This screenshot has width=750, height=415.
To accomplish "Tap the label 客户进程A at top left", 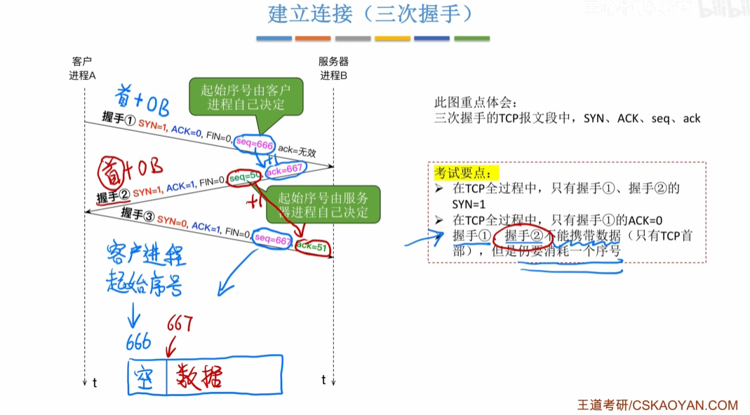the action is pyautogui.click(x=82, y=69).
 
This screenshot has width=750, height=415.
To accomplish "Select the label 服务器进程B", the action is pyautogui.click(x=333, y=69).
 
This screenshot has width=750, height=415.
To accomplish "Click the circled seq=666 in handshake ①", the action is pyautogui.click(x=254, y=144).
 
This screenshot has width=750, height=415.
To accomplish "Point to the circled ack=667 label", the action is pyautogui.click(x=284, y=169).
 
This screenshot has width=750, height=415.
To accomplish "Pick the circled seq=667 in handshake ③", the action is pyautogui.click(x=273, y=240).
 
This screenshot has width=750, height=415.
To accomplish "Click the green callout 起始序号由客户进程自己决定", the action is pyautogui.click(x=246, y=97).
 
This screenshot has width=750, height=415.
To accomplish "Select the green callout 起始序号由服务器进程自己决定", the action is pyautogui.click(x=323, y=204).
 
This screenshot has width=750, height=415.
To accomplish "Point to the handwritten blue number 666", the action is pyautogui.click(x=139, y=342).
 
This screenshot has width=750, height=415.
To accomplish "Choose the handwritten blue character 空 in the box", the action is pyautogui.click(x=147, y=377).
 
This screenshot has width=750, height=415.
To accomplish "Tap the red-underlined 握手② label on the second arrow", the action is pyautogui.click(x=113, y=196).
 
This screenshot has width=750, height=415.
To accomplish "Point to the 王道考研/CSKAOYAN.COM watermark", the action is pyautogui.click(x=657, y=405).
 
